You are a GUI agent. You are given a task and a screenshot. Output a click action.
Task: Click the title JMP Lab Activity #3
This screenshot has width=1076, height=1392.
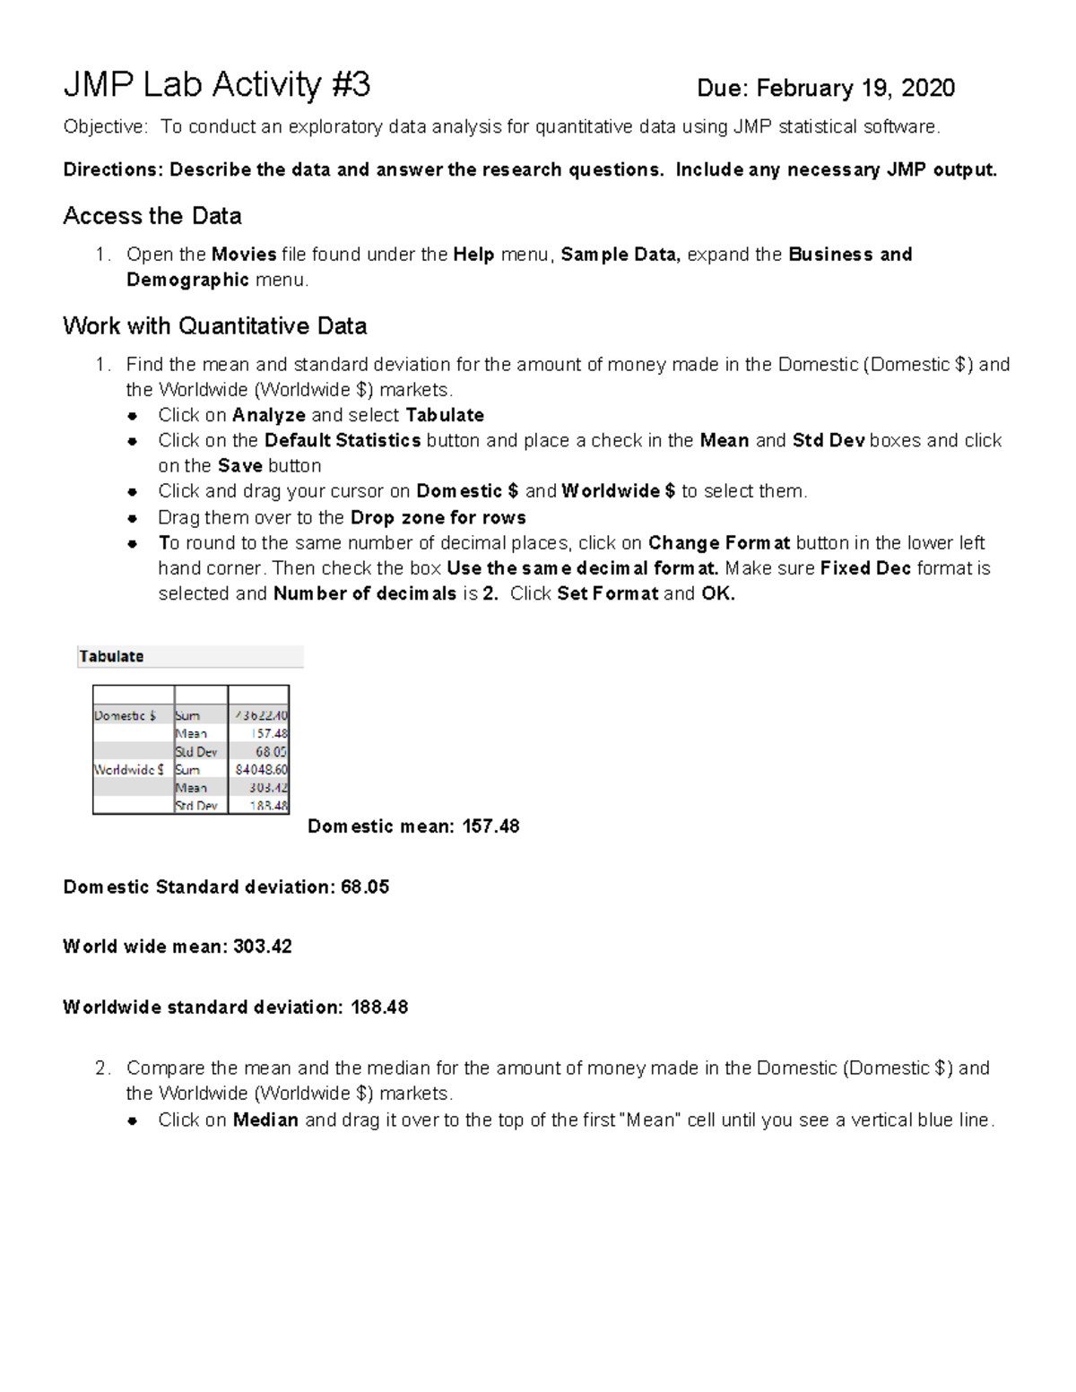216,86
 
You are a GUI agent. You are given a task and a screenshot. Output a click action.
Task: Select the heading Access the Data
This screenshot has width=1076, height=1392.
152,216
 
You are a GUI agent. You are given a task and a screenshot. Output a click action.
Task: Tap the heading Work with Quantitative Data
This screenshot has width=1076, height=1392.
215,326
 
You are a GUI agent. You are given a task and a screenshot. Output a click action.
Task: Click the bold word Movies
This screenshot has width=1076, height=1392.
244,255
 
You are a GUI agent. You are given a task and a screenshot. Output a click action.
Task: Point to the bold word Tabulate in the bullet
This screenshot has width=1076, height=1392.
445,415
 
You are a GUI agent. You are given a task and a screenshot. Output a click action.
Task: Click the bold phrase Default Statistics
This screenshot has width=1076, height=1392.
343,440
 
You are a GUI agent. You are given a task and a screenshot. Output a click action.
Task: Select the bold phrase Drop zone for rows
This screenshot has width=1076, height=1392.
438,517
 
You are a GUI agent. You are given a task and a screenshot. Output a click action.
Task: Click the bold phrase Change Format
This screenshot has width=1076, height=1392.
719,543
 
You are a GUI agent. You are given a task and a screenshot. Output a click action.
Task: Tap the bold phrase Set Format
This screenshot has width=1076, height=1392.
607,593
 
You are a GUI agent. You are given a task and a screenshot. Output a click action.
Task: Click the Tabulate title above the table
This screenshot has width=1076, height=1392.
111,656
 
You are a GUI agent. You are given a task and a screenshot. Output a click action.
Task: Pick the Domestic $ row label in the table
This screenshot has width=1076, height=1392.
126,715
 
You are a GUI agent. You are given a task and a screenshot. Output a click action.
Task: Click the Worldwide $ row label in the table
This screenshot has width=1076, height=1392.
129,769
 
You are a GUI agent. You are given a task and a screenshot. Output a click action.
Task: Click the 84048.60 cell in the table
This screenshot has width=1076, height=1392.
261,769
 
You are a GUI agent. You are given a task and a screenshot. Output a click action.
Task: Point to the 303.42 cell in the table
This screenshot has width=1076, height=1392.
268,788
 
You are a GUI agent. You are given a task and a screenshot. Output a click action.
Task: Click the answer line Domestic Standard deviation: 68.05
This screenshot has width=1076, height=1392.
226,887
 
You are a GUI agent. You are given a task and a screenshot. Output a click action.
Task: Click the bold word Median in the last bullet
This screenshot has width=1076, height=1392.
265,1120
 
